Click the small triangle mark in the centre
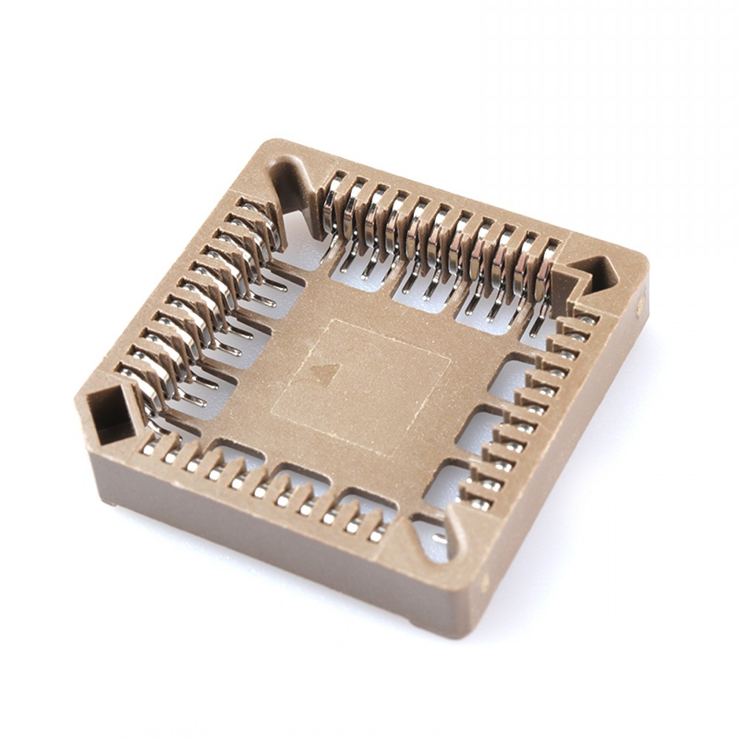[324, 372]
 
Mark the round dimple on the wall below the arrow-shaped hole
[641, 303]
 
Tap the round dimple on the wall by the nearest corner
[486, 583]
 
